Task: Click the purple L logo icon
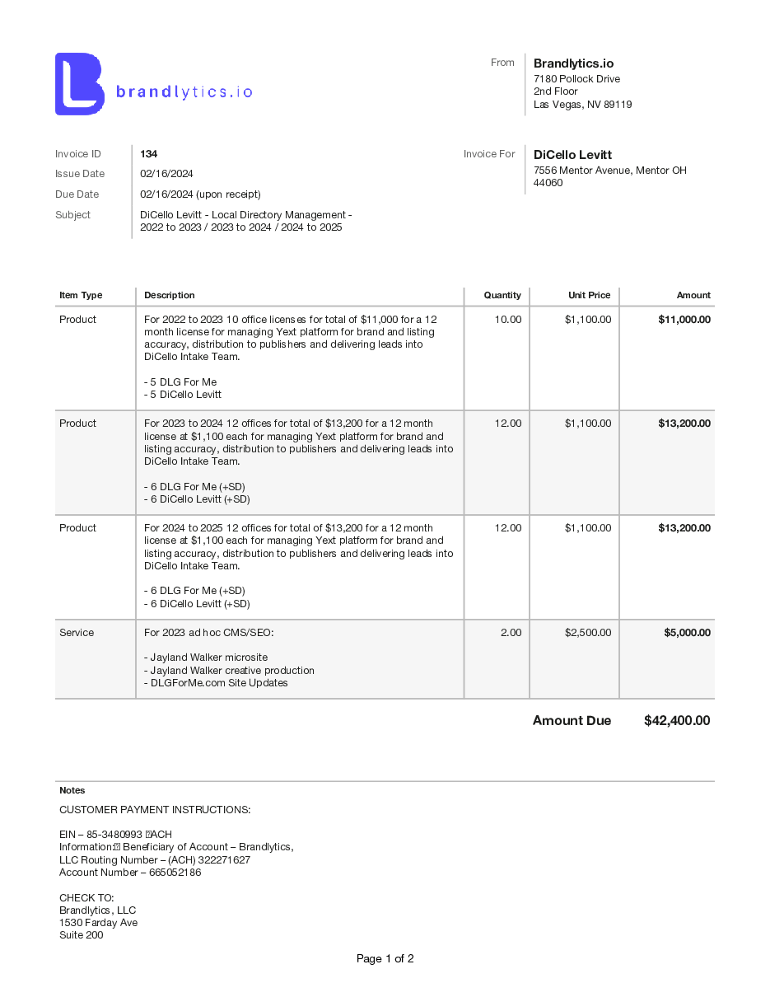point(79,84)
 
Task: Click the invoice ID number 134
point(148,154)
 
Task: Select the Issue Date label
point(80,174)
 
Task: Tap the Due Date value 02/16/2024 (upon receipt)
point(200,194)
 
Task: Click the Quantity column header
point(502,295)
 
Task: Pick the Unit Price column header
point(589,295)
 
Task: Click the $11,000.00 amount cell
point(684,320)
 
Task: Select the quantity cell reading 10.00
point(507,320)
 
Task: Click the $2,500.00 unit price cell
point(587,633)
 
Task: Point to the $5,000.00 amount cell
point(687,633)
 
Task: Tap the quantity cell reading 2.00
point(511,633)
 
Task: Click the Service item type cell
point(77,633)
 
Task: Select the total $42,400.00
point(676,721)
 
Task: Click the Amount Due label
point(572,721)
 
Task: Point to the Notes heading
point(72,790)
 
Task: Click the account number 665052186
point(175,873)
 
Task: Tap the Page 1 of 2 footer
point(385,959)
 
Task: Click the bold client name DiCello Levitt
point(572,155)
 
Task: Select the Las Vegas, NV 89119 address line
point(582,105)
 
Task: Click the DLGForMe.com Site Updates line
point(216,683)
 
